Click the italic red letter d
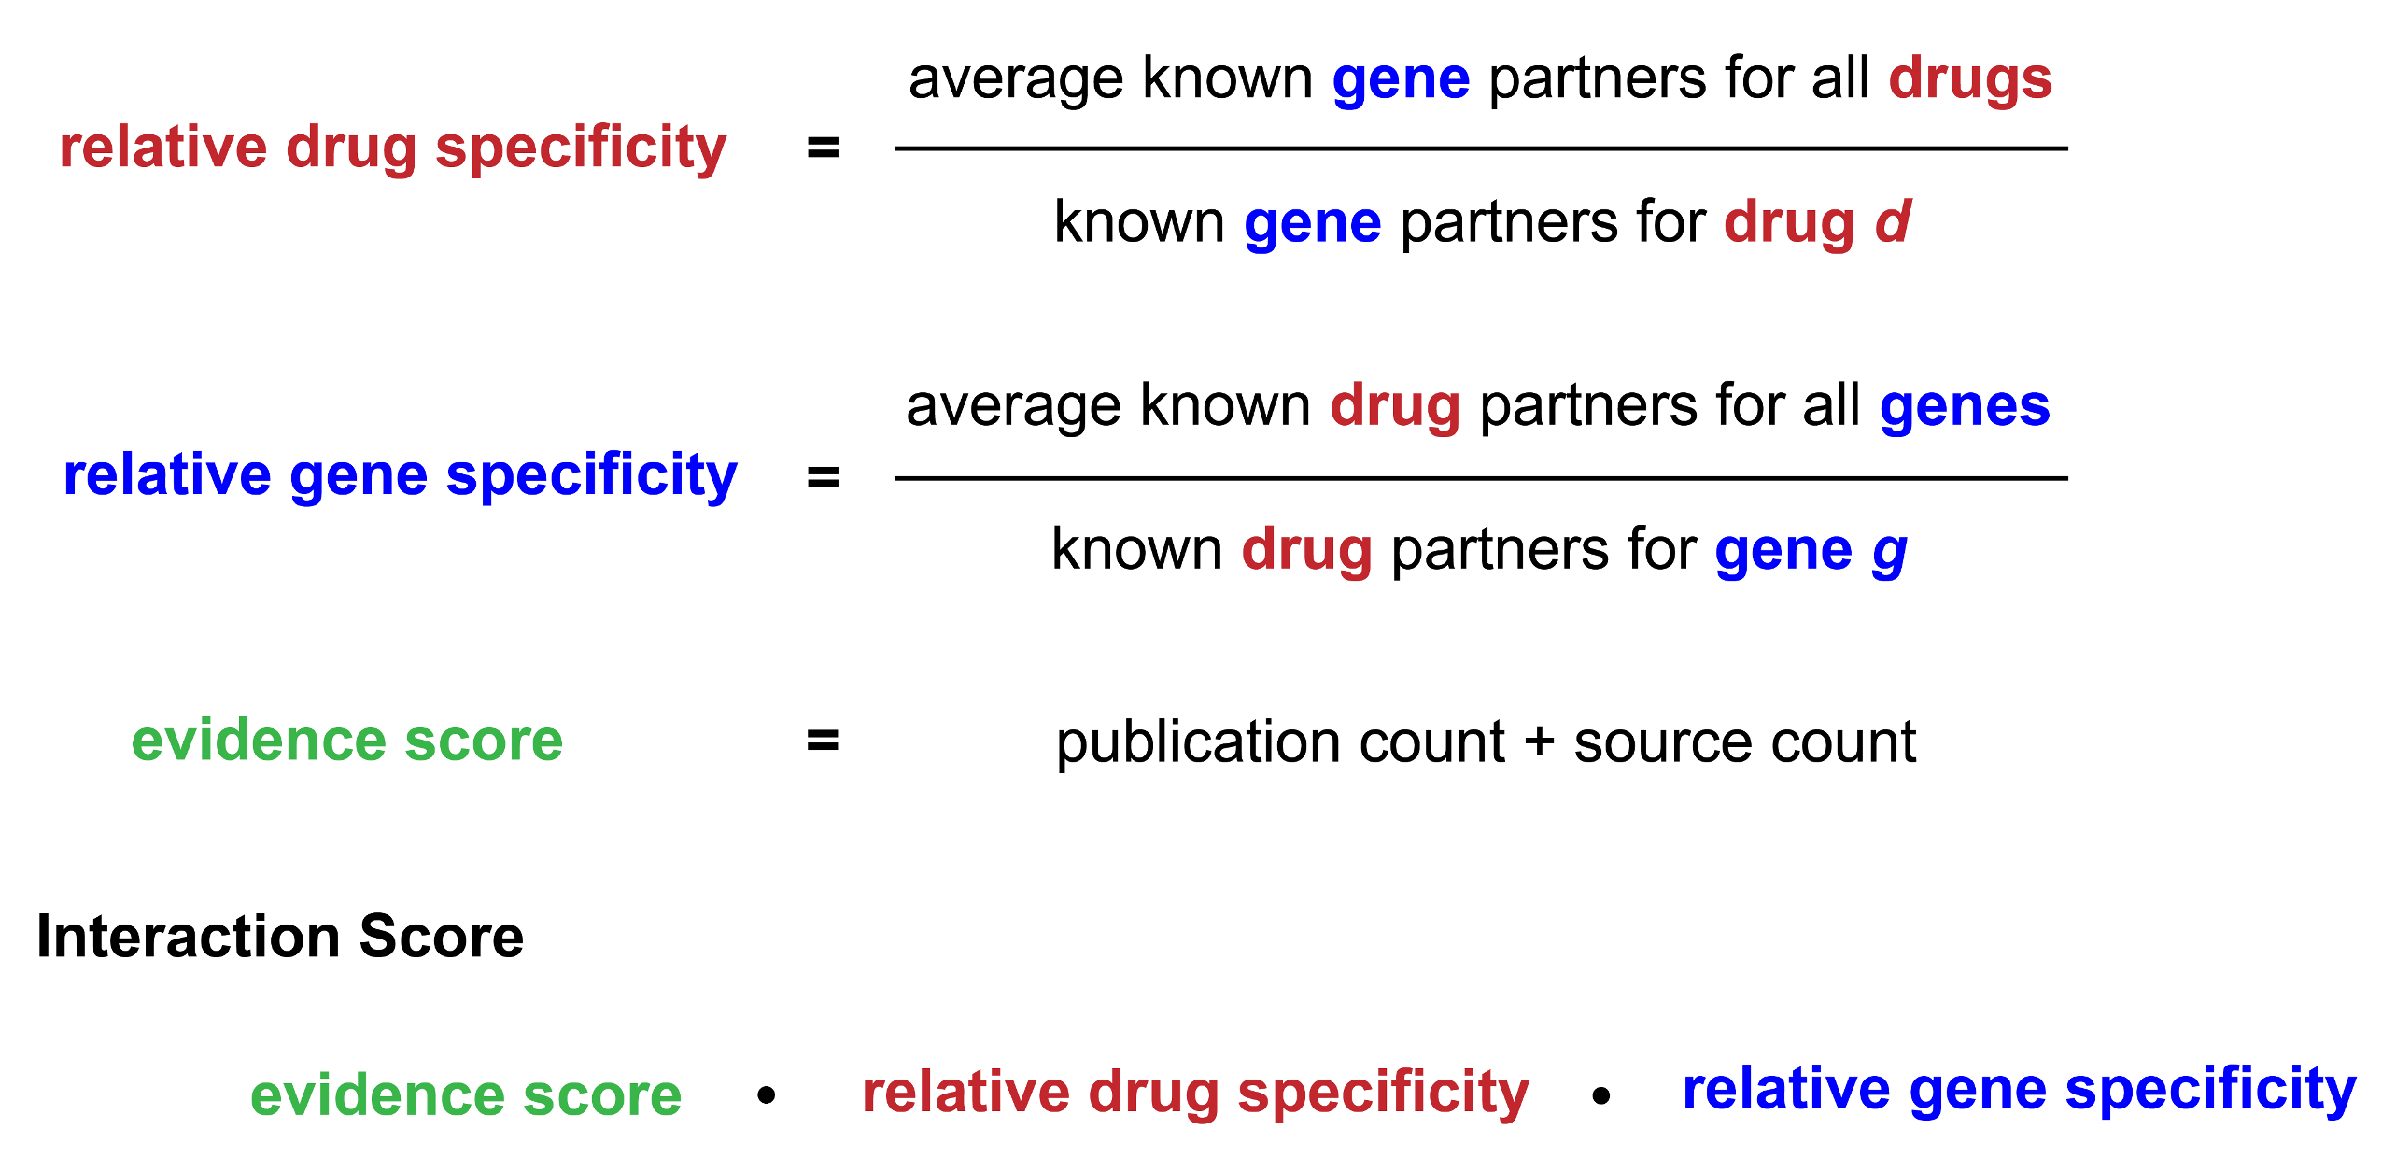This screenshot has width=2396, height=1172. click(1893, 221)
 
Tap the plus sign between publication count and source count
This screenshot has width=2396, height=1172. click(1540, 742)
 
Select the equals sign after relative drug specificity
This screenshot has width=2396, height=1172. click(823, 148)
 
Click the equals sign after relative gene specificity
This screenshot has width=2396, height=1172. click(823, 478)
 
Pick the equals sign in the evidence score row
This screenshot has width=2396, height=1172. click(823, 741)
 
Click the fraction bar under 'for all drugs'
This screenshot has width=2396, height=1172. click(1481, 148)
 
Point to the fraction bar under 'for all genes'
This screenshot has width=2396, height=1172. click(1481, 478)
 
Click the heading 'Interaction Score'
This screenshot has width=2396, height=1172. click(280, 937)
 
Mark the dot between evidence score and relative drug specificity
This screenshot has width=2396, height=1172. click(767, 1094)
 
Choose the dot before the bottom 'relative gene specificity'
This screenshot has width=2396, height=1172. click(1601, 1094)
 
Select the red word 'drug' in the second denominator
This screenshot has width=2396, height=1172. click(1307, 552)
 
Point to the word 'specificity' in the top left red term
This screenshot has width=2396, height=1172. click(581, 149)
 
